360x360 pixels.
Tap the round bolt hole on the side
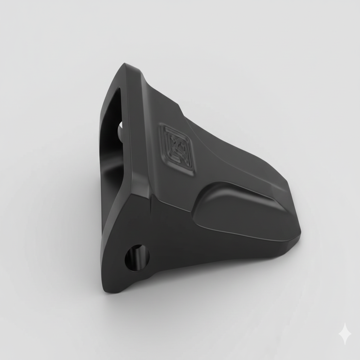137,258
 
